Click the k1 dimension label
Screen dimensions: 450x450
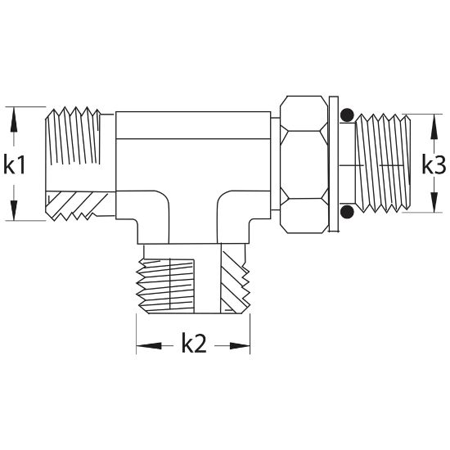tap(15, 164)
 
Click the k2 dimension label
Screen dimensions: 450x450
tap(194, 343)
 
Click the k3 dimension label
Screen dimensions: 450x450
tap(434, 164)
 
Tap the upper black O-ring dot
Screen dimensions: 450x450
tap(347, 115)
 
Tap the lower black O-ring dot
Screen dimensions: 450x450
tap(347, 212)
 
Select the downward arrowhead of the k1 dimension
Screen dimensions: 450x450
tap(14, 208)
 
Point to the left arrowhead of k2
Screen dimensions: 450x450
tap(149, 346)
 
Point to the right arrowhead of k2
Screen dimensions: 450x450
tap(240, 346)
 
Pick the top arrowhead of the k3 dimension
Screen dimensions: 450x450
tap(434, 127)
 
